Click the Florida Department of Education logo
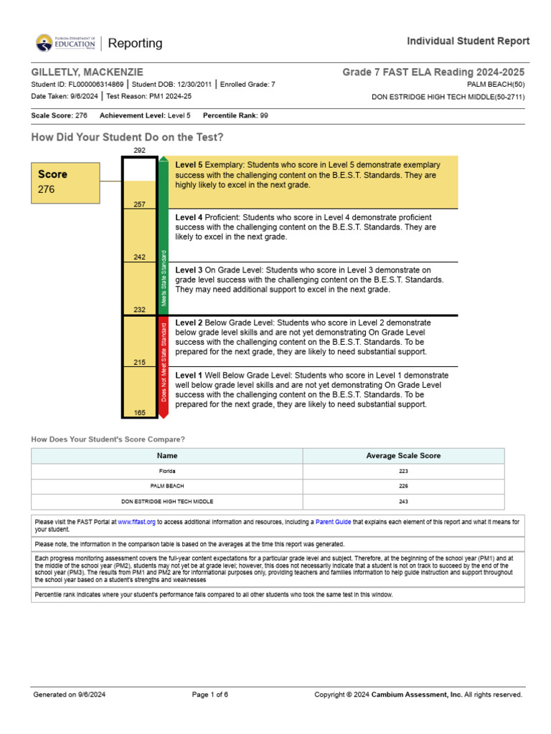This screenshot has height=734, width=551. [x=65, y=43]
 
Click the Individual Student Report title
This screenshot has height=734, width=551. [x=468, y=41]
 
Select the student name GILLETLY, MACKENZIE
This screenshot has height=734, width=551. [x=87, y=72]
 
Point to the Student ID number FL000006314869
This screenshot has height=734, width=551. [x=95, y=85]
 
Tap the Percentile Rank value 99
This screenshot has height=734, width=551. [x=264, y=115]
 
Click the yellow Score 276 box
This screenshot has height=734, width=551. [x=65, y=183]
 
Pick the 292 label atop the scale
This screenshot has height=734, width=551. [x=139, y=151]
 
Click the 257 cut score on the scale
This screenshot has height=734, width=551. [x=139, y=204]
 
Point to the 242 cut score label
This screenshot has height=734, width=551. [x=139, y=257]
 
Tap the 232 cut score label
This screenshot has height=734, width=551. [x=139, y=310]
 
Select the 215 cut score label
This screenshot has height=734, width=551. [x=139, y=363]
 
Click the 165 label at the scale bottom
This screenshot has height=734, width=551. [x=139, y=412]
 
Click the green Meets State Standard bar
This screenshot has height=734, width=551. [x=164, y=237]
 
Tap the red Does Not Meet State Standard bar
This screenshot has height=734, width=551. [x=164, y=366]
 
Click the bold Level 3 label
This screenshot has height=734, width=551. [x=189, y=270]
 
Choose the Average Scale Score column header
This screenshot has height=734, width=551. [x=403, y=455]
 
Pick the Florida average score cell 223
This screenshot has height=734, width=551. [x=403, y=471]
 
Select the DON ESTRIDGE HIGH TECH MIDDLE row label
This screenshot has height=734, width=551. [x=167, y=501]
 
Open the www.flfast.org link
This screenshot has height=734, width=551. [x=136, y=522]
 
